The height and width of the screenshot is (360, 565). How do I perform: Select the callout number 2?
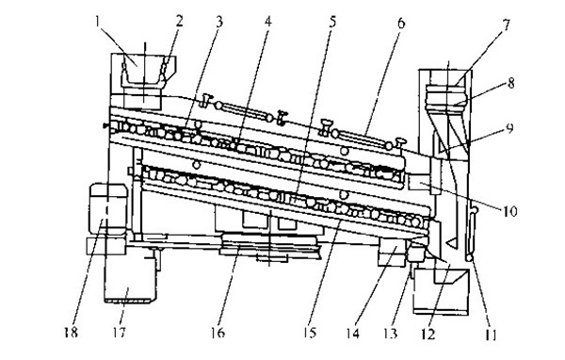pyautogui.click(x=179, y=21)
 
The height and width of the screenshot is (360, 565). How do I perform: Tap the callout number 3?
pyautogui.click(x=219, y=22)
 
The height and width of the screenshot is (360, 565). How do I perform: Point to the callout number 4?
pyautogui.click(x=267, y=22)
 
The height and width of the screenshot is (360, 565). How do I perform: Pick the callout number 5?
pyautogui.click(x=332, y=22)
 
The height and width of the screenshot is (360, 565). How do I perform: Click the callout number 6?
pyautogui.click(x=401, y=23)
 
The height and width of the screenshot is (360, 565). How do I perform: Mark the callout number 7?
pyautogui.click(x=507, y=25)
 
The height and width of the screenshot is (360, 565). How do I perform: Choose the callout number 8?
pyautogui.click(x=511, y=83)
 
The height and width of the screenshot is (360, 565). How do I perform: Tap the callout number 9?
pyautogui.click(x=509, y=128)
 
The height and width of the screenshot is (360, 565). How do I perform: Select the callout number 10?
pyautogui.click(x=509, y=211)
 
